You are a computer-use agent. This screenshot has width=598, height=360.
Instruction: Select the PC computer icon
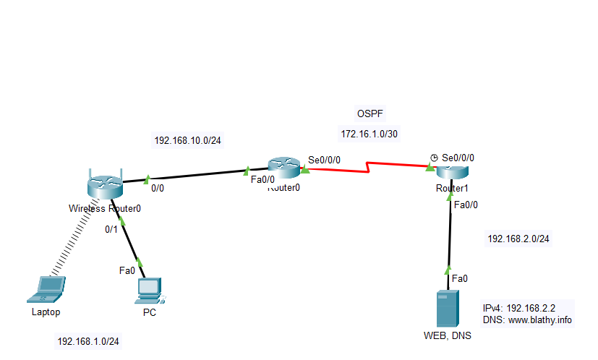pos(150,291)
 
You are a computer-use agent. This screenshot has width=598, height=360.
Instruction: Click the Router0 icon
pos(283,168)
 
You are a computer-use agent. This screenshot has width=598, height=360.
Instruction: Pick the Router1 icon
pos(451,172)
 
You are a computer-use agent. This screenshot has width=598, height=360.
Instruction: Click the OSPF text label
pos(370,114)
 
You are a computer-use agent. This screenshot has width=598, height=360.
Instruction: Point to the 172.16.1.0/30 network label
pos(369,134)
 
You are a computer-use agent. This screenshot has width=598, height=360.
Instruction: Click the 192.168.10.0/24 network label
pos(187,140)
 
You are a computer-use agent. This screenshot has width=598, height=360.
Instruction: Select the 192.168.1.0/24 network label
pos(89,341)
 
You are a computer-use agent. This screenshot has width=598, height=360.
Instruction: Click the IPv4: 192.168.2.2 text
pos(528,307)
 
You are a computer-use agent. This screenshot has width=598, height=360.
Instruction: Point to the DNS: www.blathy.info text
pos(526,319)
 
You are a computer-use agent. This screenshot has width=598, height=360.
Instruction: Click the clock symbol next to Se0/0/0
pos(434,157)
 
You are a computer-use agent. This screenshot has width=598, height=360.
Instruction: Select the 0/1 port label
pos(111,229)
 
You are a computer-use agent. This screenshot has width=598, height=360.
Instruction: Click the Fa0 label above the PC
pos(127,270)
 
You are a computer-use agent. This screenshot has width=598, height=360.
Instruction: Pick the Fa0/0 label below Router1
pos(465,205)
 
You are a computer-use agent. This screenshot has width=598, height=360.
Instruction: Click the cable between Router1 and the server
pos(450,231)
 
